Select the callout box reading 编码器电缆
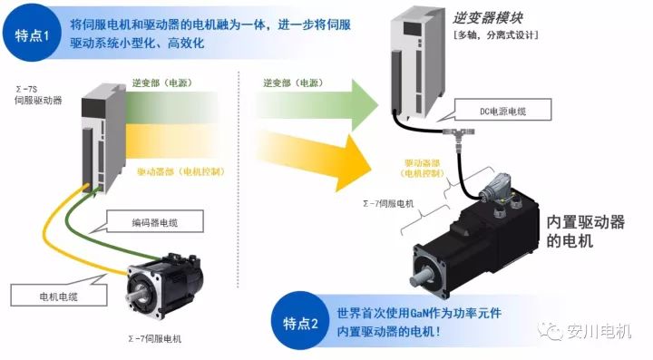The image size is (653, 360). coord(154,221)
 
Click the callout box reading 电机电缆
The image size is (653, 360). coord(59,295)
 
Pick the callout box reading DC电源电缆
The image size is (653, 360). coord(502,110)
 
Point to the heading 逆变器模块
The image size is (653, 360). coord(487,18)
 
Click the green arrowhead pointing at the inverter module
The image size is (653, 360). coord(365,105)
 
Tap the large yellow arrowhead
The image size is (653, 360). coord(353,163)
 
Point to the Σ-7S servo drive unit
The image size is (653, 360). coord(103,139)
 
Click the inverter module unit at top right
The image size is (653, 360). coord(417,63)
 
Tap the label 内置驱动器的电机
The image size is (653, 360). coord(585,231)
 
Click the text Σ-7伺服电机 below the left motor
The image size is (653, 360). coord(155,339)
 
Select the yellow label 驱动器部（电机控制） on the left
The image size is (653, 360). coord(181,171)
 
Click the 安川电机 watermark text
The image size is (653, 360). coord(599,331)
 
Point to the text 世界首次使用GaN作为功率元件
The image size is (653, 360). coord(419,313)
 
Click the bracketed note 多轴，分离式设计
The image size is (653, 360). coord(495,35)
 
